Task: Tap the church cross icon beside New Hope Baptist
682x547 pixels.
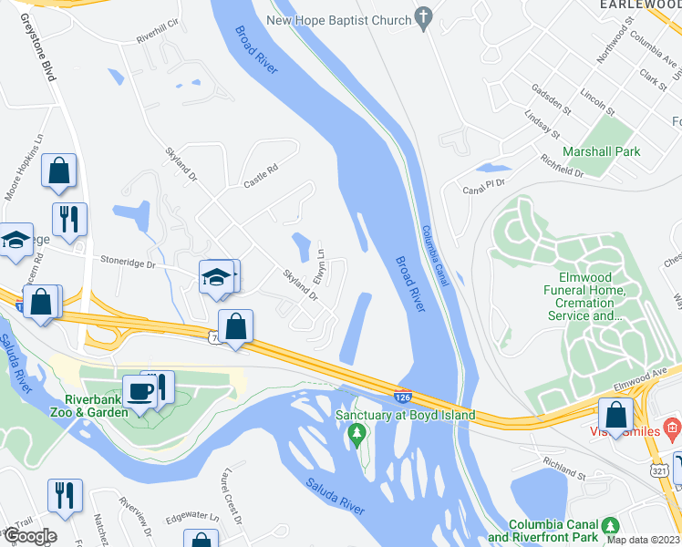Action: point(422,17)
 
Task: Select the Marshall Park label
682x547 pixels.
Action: point(601,151)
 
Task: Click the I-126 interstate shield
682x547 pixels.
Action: point(402,397)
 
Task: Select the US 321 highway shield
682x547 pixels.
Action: point(660,470)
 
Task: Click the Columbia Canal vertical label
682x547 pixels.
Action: point(436,255)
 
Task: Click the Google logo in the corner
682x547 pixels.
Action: point(29,536)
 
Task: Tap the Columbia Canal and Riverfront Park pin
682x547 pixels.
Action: point(612,526)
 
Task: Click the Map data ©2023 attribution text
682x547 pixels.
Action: point(644,540)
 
